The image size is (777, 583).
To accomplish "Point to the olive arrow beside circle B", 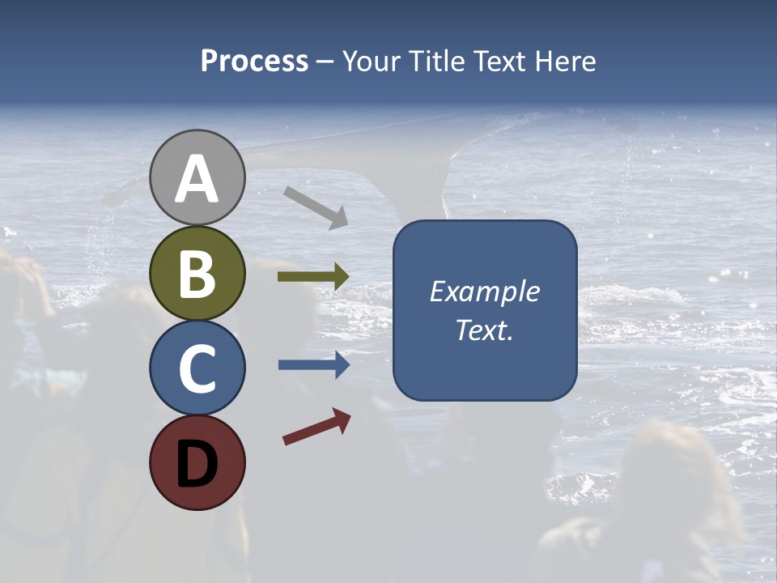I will click(313, 277).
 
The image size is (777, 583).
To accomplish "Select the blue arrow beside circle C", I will click(314, 365).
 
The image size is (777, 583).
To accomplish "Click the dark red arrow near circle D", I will click(316, 427).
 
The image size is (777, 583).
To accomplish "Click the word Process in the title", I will click(254, 62).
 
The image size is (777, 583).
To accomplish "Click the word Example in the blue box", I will click(485, 291).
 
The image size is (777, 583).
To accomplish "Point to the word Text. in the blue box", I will click(485, 330).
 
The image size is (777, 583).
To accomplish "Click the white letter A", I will click(197, 180).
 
